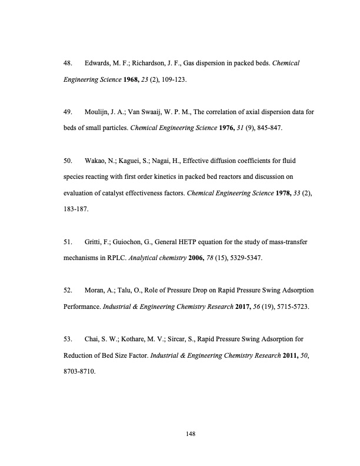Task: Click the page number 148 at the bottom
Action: (x=189, y=434)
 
